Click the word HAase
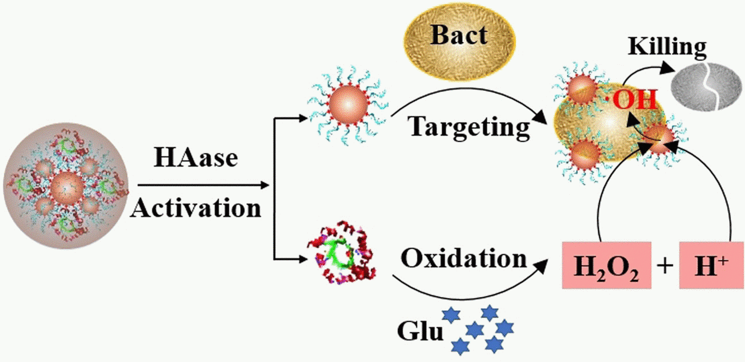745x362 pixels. (x=196, y=158)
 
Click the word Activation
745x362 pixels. (x=196, y=209)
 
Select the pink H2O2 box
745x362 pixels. (x=606, y=265)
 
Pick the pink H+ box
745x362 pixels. (x=711, y=265)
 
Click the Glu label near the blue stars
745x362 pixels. (x=420, y=331)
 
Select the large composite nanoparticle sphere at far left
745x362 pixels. (x=66, y=186)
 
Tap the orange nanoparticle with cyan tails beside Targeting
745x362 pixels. (x=348, y=105)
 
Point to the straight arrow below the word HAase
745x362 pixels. (x=203, y=185)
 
